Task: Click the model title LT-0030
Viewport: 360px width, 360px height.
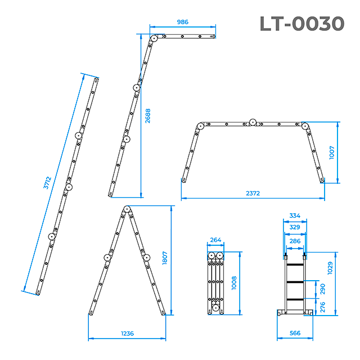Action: (302, 24)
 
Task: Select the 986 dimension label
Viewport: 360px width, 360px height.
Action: (182, 22)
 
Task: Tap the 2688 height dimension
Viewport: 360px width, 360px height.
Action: (147, 116)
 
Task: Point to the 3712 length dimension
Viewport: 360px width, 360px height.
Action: (47, 183)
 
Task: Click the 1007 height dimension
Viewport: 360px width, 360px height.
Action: (331, 152)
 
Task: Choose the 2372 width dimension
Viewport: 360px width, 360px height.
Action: (253, 193)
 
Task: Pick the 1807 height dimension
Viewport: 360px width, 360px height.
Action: (165, 258)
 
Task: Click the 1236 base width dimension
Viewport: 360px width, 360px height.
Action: (128, 334)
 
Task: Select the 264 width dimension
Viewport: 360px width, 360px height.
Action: (215, 240)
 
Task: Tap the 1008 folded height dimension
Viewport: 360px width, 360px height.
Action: (234, 283)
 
